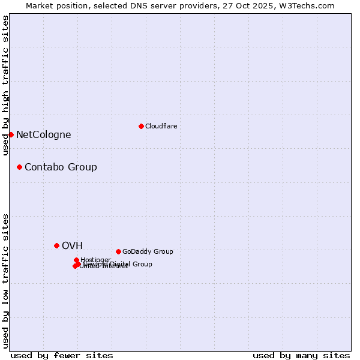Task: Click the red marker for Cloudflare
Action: click(x=141, y=126)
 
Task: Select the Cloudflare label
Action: click(x=161, y=127)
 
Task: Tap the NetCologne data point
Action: click(x=11, y=134)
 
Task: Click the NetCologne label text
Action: click(x=43, y=135)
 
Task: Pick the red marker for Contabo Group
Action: click(x=19, y=167)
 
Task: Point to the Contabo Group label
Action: click(x=61, y=167)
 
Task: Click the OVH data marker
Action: click(x=56, y=245)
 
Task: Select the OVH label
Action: click(x=72, y=246)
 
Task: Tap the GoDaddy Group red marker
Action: click(x=118, y=251)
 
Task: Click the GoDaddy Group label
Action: click(x=148, y=252)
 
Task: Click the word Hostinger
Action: click(x=95, y=260)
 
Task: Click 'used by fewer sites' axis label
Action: click(x=62, y=355)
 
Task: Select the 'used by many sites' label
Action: click(x=301, y=355)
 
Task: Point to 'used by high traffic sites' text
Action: click(x=5, y=85)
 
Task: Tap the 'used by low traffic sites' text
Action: click(x=5, y=280)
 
